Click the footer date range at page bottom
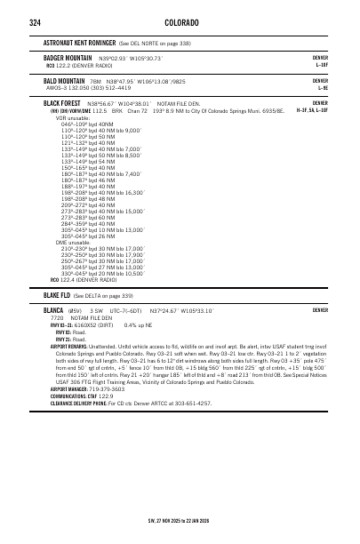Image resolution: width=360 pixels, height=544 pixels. click(179, 521)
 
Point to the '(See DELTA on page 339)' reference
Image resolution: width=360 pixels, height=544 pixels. click(103, 294)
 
